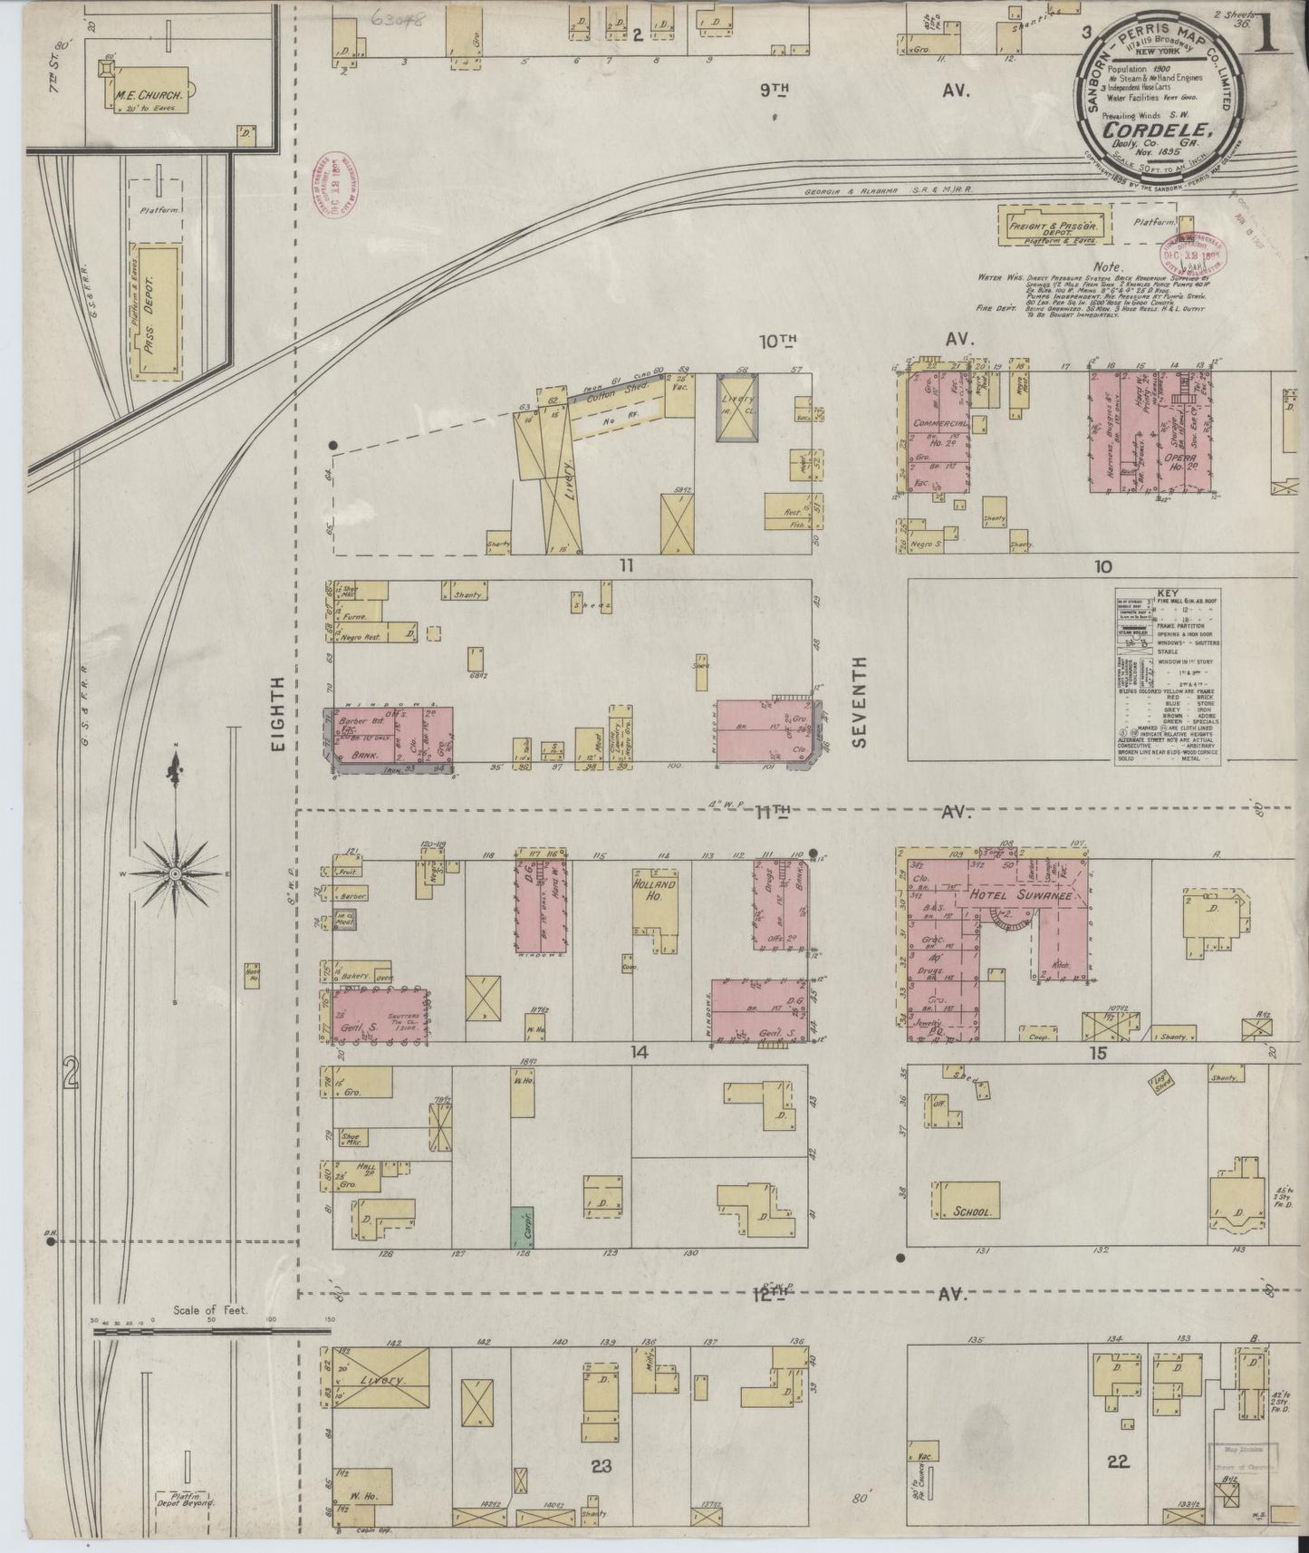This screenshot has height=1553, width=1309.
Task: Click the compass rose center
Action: pyautogui.click(x=174, y=873)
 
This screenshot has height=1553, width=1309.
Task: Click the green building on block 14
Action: pyautogui.click(x=522, y=1228)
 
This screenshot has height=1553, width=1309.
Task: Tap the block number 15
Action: pyautogui.click(x=1099, y=1053)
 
